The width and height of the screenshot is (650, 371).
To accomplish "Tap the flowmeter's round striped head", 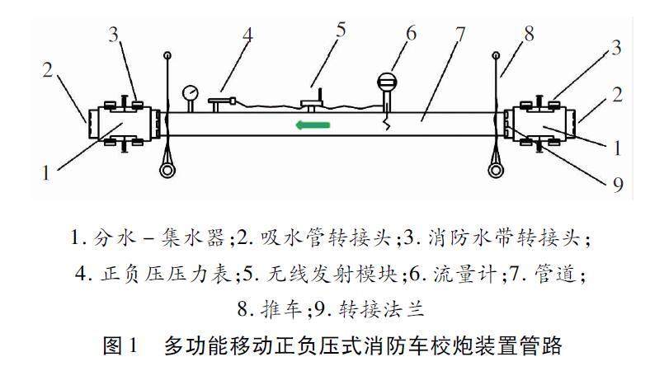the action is click(387, 82).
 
